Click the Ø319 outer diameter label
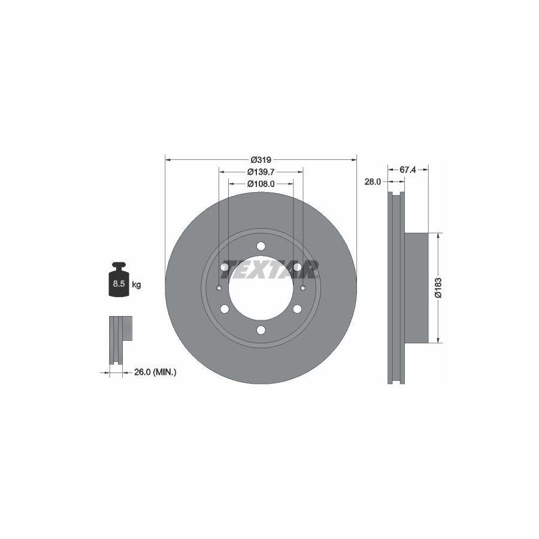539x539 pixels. (x=261, y=160)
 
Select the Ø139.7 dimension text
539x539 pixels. (x=261, y=171)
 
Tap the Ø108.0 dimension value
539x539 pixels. (x=261, y=184)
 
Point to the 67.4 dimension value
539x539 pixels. (x=408, y=170)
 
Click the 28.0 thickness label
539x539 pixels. (x=373, y=182)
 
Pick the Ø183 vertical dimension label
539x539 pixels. (x=438, y=287)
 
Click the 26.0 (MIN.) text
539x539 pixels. (x=155, y=372)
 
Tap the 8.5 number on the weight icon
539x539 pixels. (x=119, y=284)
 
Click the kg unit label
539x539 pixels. (x=137, y=284)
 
